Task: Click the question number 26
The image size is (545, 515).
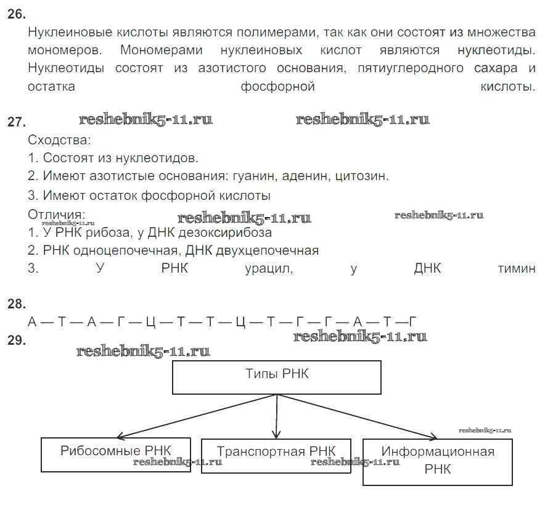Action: (x=17, y=14)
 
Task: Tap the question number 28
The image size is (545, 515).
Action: (x=17, y=303)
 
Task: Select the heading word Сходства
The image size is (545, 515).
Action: (x=59, y=139)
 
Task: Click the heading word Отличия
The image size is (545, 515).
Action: (x=56, y=214)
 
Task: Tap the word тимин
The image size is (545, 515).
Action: (x=516, y=269)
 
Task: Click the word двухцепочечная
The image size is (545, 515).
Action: (x=269, y=250)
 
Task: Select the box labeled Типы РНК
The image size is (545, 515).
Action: (x=276, y=377)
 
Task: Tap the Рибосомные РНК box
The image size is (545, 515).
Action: (x=116, y=454)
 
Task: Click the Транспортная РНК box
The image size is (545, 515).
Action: (x=276, y=455)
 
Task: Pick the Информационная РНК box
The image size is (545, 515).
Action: (x=437, y=461)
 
